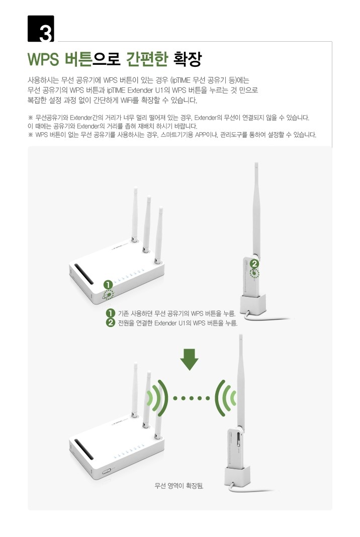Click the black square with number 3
coord(41,29)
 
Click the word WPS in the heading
coord(43,60)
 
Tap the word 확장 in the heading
coord(188,59)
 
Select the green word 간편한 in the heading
coord(147,59)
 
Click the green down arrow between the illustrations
coord(189,359)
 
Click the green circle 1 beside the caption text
coord(111,313)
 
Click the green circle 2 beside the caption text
coord(111,323)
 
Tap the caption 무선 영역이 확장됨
coord(179,486)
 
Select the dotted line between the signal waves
coord(192,398)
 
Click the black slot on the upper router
coord(84,274)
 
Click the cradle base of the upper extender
coord(253,304)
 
